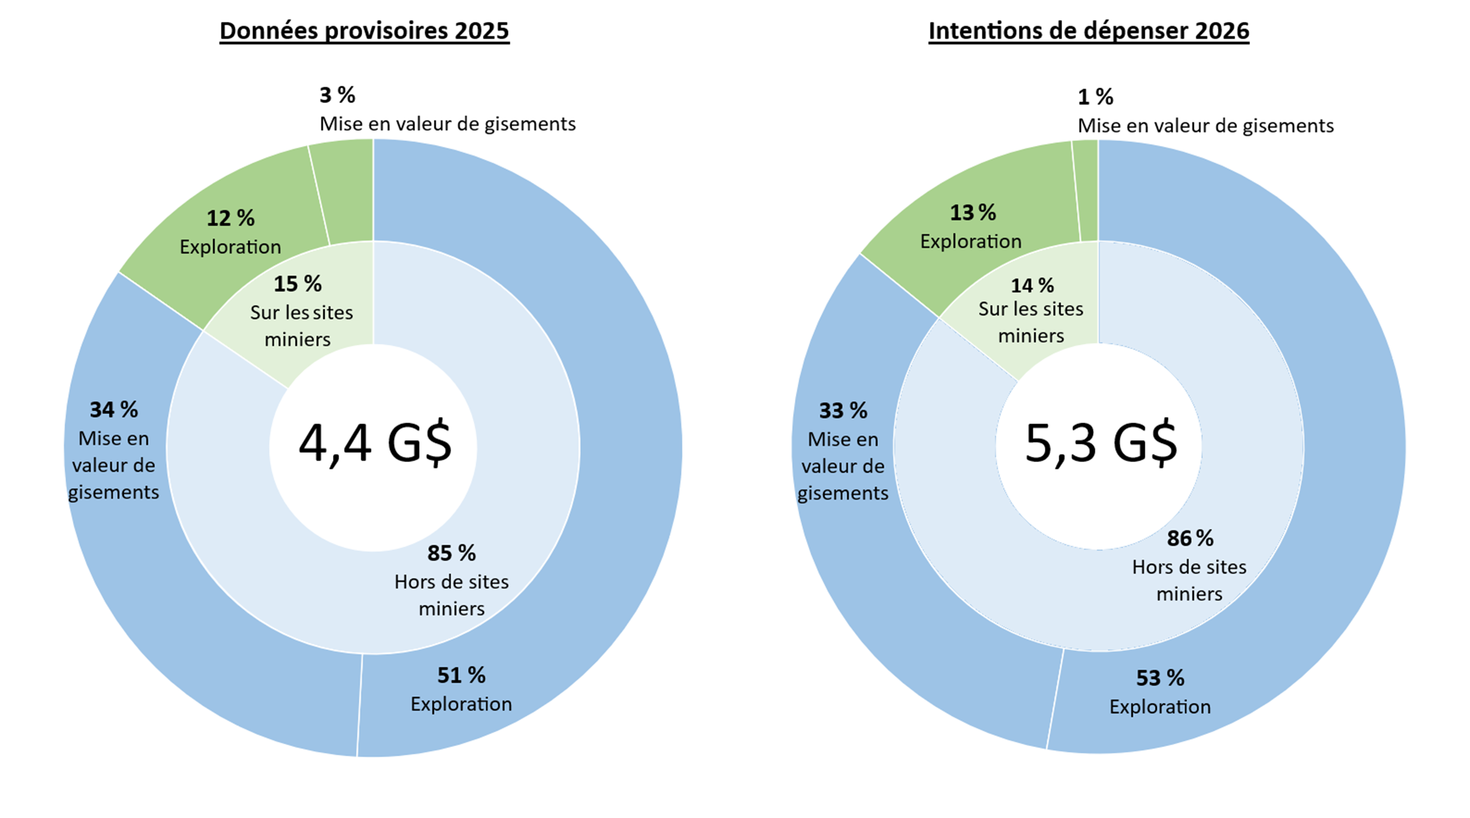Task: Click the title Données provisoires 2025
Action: tap(364, 30)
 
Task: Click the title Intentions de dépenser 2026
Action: tap(1088, 30)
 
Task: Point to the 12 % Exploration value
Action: tap(230, 218)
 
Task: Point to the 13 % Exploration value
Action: tap(972, 213)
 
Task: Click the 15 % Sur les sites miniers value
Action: tap(297, 284)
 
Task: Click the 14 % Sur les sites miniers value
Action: tap(1032, 285)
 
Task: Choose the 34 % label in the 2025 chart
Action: tap(114, 409)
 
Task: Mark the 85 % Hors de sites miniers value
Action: tap(451, 553)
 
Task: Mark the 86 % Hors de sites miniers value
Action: tap(1190, 538)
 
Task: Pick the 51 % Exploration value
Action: tap(461, 675)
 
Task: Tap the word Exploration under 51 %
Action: tap(461, 704)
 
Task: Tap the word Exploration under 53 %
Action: tap(1160, 707)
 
